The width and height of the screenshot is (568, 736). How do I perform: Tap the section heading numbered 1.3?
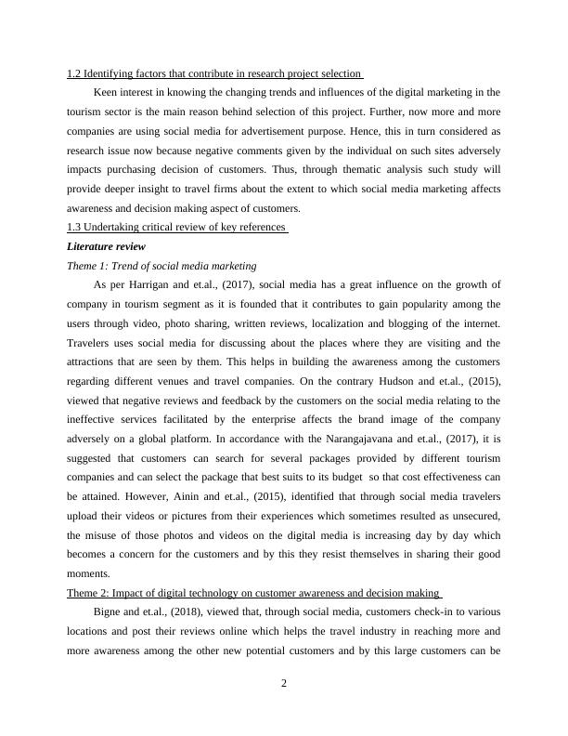[x=178, y=229]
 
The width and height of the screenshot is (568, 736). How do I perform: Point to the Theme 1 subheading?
[x=162, y=266]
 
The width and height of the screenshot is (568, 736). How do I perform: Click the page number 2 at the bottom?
[x=284, y=685]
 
